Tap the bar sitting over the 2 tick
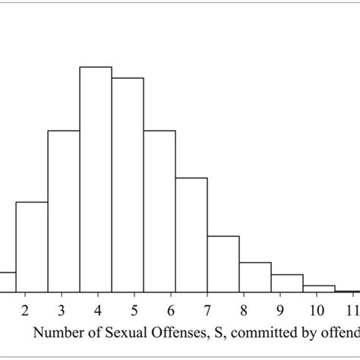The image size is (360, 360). [32, 247]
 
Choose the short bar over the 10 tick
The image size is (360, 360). [319, 289]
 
